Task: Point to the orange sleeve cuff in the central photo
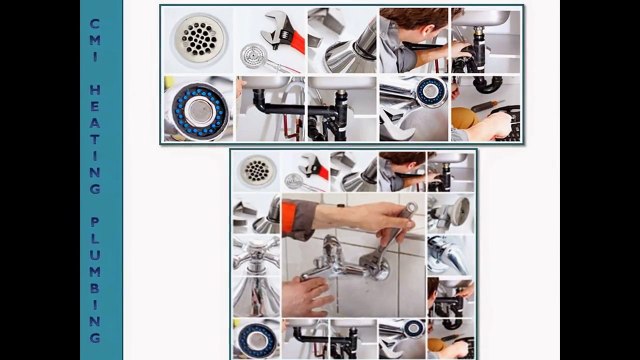[x=297, y=219]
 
